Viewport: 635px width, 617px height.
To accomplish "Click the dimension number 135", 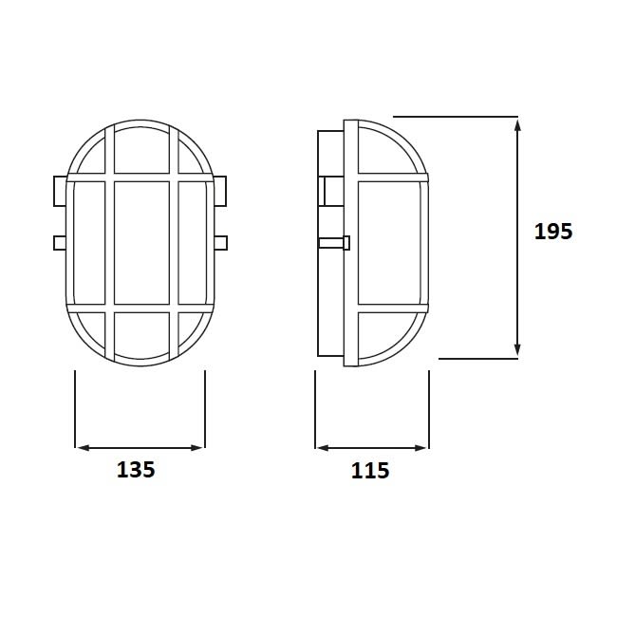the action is tap(136, 470).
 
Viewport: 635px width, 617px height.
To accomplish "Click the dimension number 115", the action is tap(370, 471).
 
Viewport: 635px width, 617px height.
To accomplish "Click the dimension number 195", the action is tap(553, 232).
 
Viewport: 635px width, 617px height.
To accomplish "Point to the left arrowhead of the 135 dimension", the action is tap(83, 448).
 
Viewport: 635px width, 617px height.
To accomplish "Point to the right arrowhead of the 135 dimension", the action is tap(196, 448).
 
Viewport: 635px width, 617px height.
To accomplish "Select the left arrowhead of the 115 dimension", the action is tap(323, 448).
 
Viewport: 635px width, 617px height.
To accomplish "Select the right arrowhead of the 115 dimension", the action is tap(420, 448).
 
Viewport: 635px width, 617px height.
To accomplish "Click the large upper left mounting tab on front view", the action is tap(60, 191).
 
